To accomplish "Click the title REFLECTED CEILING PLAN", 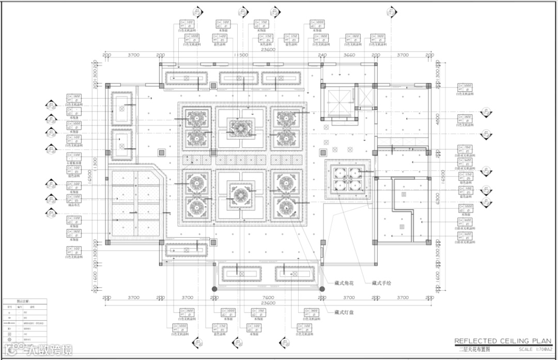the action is coord(503,341).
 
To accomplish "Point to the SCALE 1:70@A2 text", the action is coord(533,350).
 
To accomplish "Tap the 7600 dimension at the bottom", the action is coord(268,298).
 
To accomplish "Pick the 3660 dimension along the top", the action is coord(349,54).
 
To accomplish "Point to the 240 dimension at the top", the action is coord(322,54).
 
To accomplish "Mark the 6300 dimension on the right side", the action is coord(437,196).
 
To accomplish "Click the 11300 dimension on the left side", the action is coord(95,164).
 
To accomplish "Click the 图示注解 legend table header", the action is coord(24,301).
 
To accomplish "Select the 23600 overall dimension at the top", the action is coord(268,50).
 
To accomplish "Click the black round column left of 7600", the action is coord(214,288).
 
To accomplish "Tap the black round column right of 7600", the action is coord(322,288).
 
